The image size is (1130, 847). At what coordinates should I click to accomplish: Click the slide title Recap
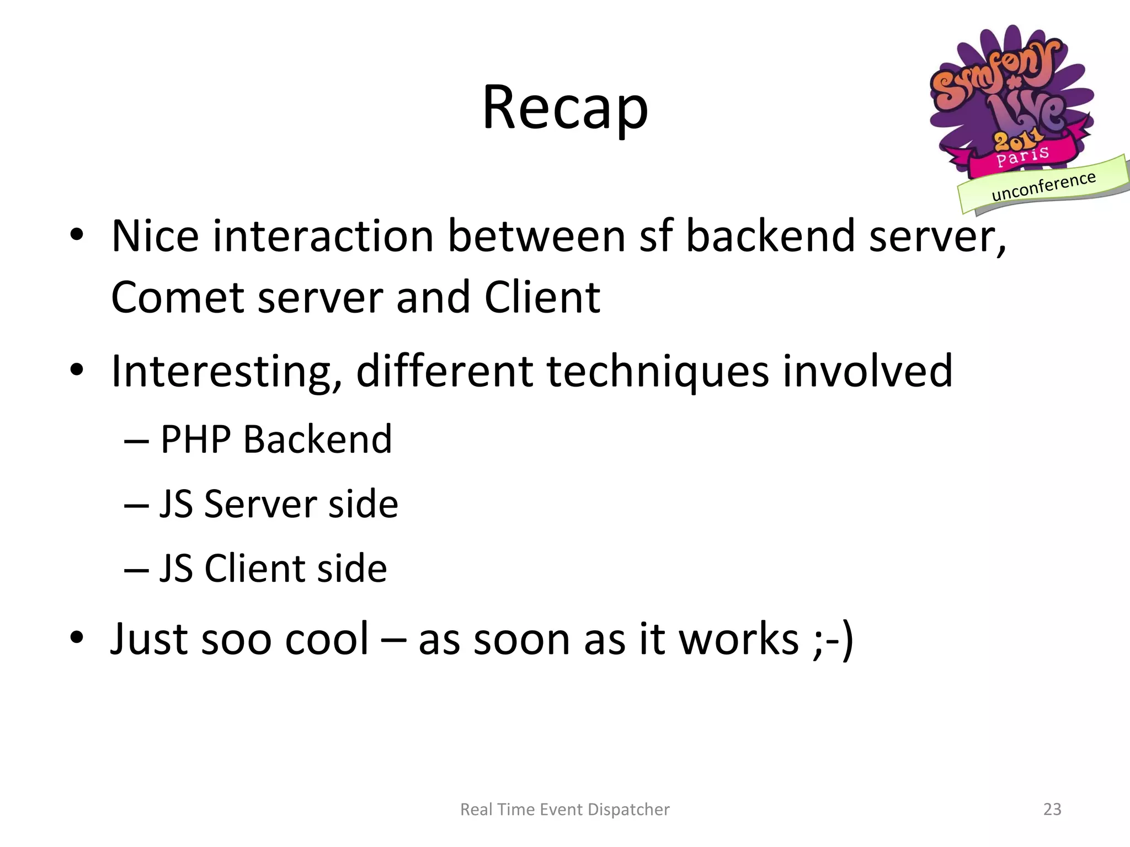point(565,108)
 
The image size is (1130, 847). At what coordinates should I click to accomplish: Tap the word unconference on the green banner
point(1043,186)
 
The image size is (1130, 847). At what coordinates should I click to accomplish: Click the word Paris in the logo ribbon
point(1022,157)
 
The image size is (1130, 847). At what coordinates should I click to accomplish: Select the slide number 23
point(1052,809)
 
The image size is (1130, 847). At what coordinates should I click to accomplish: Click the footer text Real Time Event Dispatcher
point(565,809)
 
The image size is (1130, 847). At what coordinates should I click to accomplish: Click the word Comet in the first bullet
point(177,298)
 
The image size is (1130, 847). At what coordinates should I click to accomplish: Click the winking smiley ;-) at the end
point(833,640)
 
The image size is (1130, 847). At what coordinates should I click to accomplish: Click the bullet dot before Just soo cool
point(77,637)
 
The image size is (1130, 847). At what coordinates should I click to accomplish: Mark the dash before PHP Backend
point(136,442)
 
